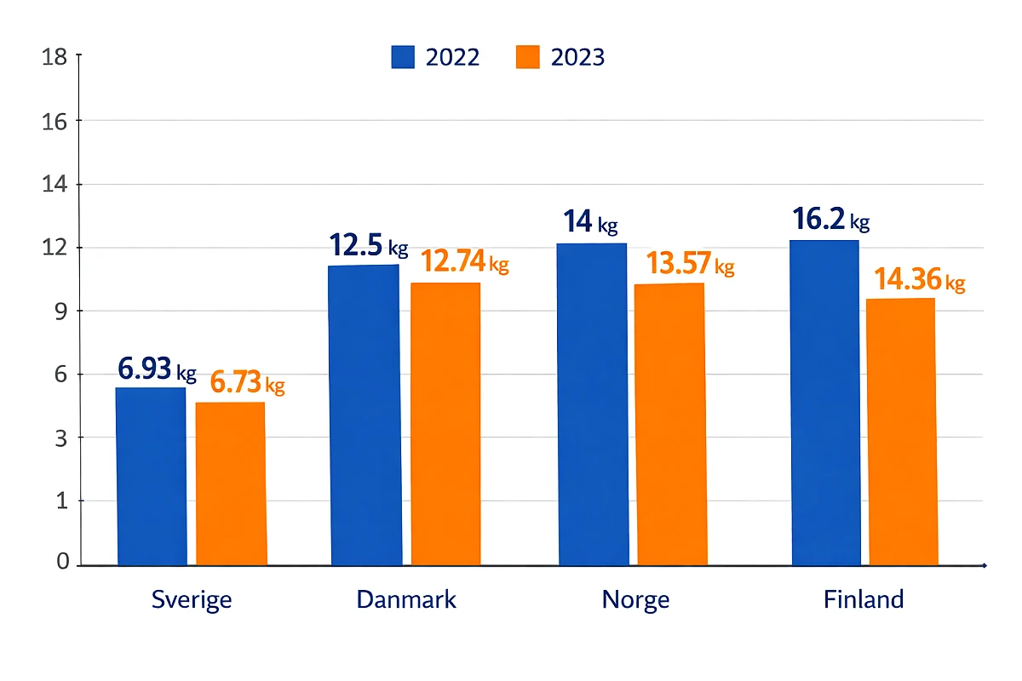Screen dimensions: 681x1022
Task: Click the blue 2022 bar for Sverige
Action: [x=151, y=477]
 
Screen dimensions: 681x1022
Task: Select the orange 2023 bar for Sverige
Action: [x=231, y=484]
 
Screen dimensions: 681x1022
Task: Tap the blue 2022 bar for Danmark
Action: [x=365, y=415]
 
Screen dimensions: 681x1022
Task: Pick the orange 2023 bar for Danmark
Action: [x=445, y=424]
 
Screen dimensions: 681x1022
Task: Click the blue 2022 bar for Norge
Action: [x=593, y=404]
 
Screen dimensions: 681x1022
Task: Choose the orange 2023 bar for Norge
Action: [x=671, y=424]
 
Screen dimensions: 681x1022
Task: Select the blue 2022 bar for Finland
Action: [x=825, y=403]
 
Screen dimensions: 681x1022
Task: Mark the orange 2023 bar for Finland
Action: [x=902, y=432]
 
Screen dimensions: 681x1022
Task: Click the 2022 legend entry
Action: [x=435, y=57]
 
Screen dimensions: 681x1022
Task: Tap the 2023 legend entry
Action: [x=560, y=57]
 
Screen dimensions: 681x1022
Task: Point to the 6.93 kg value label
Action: [x=157, y=370]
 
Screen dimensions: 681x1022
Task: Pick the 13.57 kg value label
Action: [x=689, y=264]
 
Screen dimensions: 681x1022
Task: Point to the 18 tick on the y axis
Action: [x=55, y=57]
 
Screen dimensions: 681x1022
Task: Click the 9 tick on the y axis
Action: [x=61, y=311]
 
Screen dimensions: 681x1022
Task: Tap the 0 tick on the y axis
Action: [x=62, y=563]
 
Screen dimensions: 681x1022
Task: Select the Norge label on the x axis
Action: [x=635, y=599]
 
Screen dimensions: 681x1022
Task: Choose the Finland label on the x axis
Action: [x=863, y=599]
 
